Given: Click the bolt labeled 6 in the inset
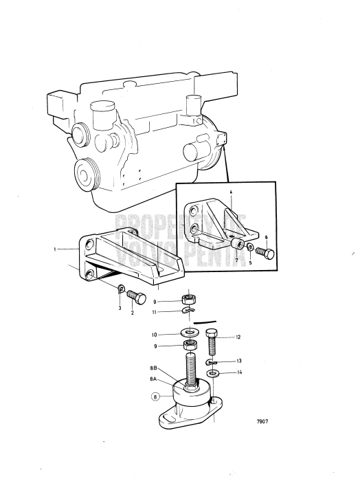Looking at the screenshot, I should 265,254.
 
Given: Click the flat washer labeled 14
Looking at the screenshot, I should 214,374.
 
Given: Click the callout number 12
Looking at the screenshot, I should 238,337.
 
